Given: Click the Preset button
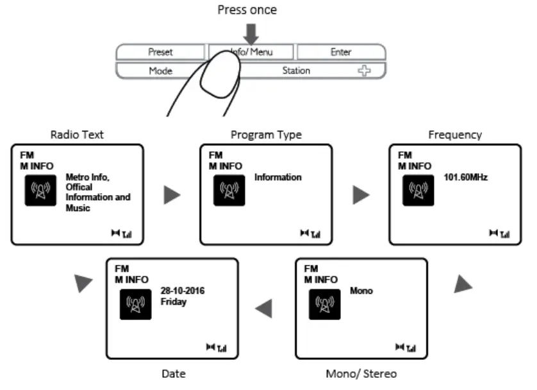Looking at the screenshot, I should (x=160, y=53).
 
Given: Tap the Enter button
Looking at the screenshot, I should (x=341, y=53).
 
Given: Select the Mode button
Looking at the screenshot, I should (x=160, y=71).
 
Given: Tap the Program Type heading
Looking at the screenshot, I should (x=265, y=135).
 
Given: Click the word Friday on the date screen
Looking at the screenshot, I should (x=174, y=301).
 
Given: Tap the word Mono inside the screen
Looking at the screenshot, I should (x=361, y=291).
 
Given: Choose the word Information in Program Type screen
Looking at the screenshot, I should (x=278, y=176).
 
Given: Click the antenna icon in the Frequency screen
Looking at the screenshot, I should (x=418, y=191).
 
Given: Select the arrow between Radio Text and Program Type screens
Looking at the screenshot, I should (x=172, y=196).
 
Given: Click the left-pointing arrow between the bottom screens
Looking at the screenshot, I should (x=264, y=309).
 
